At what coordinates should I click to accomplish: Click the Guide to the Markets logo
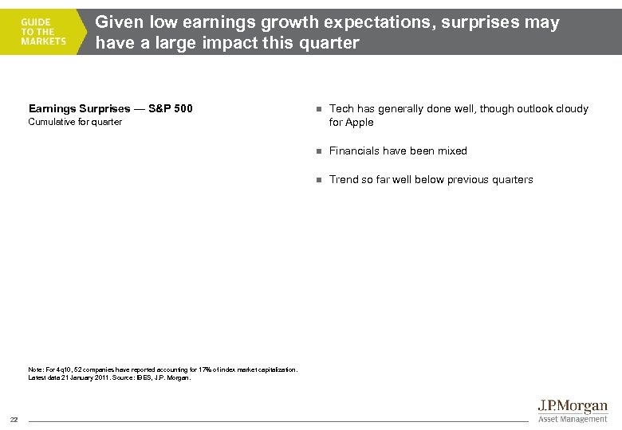(x=44, y=30)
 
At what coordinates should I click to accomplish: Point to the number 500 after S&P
(x=182, y=109)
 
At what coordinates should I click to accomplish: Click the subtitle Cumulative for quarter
(x=75, y=123)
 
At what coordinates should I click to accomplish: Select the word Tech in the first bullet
(x=341, y=109)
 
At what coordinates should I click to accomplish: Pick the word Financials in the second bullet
(x=354, y=151)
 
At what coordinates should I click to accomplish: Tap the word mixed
(x=452, y=151)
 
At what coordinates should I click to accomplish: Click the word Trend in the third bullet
(x=343, y=180)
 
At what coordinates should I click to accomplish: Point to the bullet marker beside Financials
(x=317, y=151)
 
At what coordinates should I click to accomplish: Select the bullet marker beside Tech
(x=317, y=109)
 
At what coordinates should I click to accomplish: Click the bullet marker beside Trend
(x=317, y=180)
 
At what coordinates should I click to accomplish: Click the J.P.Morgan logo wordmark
(x=572, y=407)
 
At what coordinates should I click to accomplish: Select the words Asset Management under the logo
(x=572, y=420)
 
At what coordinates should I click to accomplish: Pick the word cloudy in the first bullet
(x=571, y=109)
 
